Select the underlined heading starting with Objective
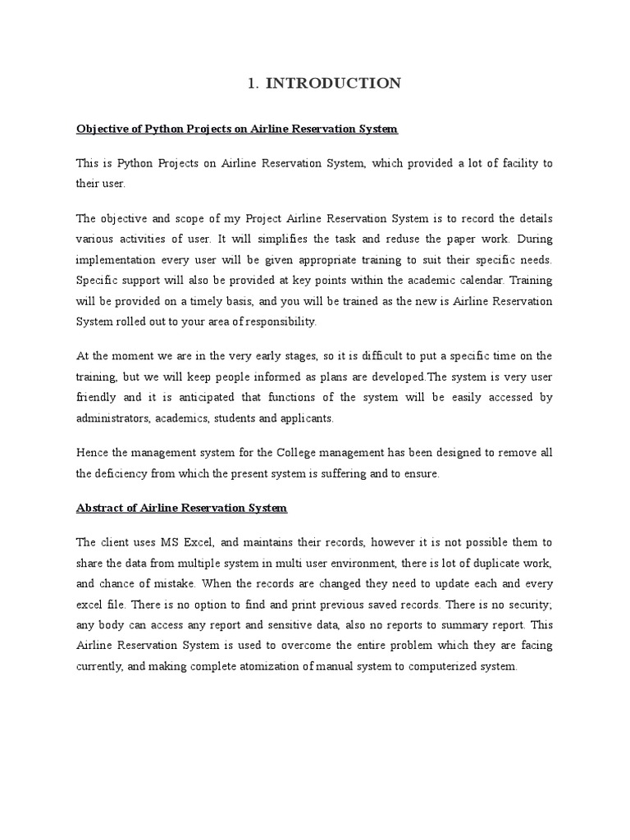[236, 129]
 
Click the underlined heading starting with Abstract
[181, 508]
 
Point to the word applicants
[306, 418]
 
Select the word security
[529, 604]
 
